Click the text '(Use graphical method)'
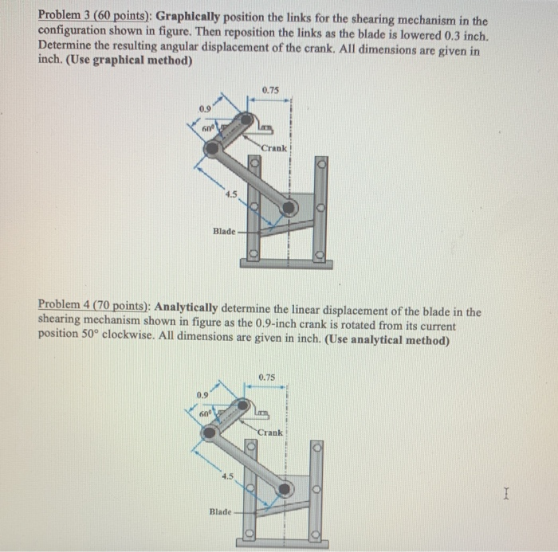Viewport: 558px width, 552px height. coord(140,62)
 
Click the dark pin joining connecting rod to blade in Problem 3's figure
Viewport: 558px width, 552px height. coord(289,207)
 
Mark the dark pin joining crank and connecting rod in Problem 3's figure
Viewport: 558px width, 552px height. coord(211,148)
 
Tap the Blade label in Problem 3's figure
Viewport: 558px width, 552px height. coord(224,231)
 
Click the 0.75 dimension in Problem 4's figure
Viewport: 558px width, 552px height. coord(268,377)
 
